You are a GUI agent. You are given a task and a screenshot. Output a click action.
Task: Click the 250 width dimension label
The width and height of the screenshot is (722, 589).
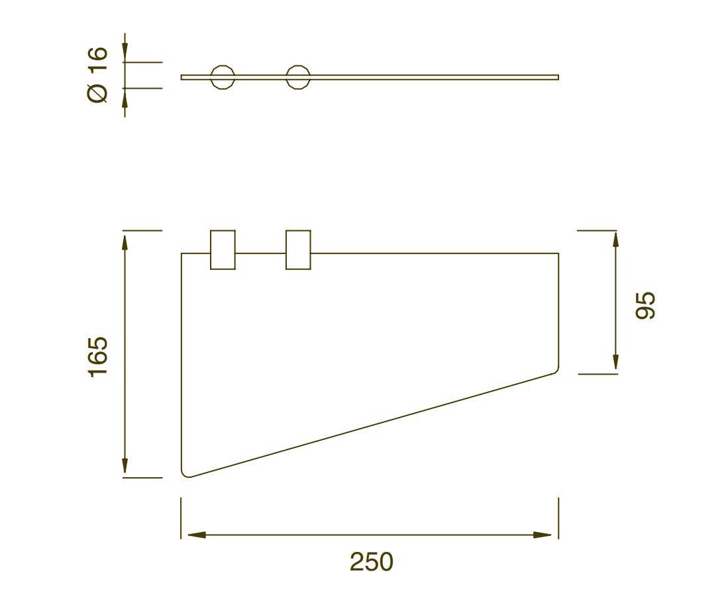tap(371, 562)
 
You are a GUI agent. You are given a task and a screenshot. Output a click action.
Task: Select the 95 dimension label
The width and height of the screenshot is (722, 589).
tap(645, 305)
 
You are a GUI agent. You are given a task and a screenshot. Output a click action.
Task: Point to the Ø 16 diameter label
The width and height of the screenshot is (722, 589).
tap(97, 75)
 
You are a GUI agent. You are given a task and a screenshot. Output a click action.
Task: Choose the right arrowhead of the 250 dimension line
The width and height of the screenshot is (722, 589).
tap(542, 535)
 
